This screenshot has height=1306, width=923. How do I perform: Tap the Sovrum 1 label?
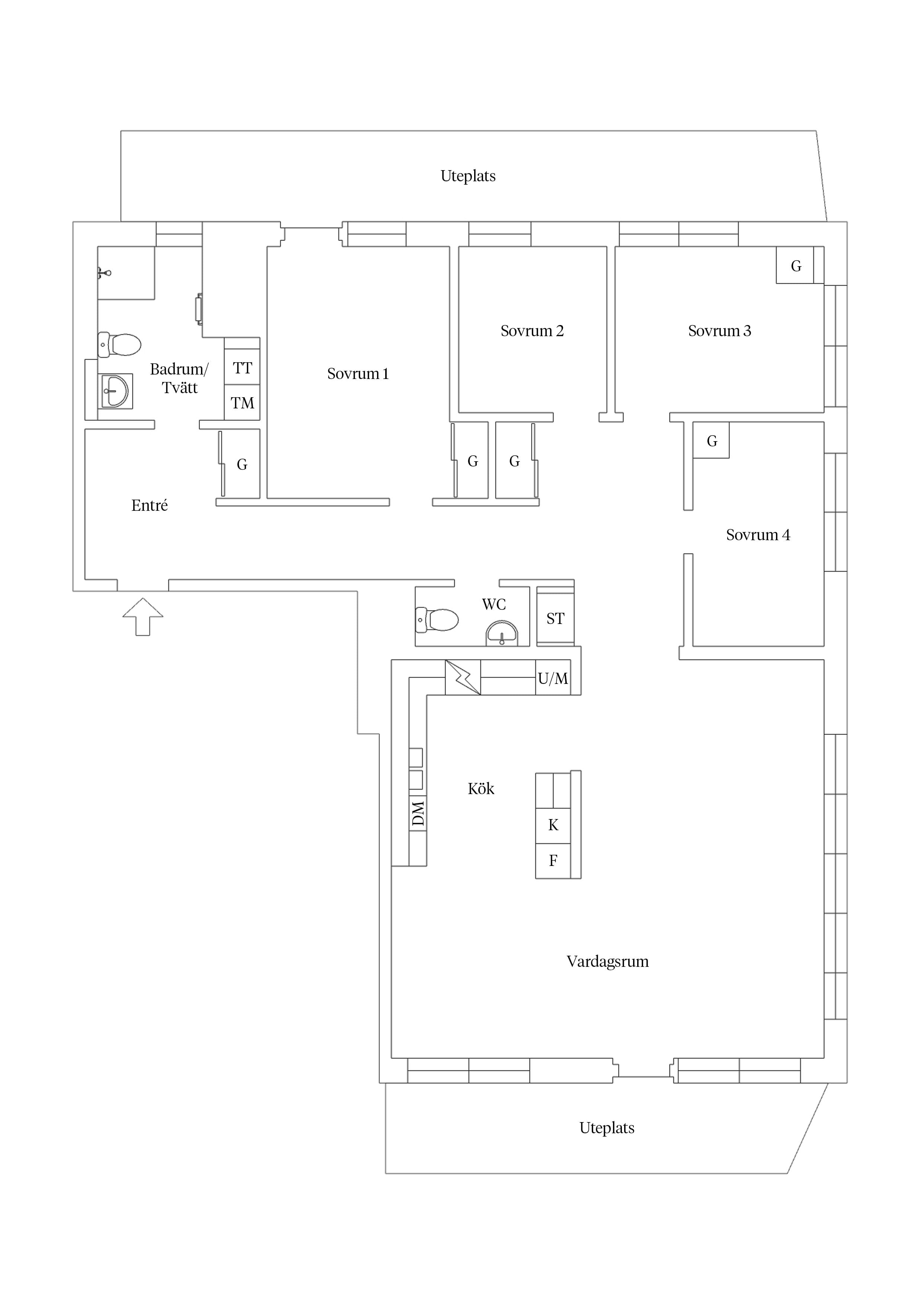358,374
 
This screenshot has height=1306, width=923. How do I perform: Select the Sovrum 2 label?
532,331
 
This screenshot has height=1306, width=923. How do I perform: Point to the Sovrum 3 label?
719,331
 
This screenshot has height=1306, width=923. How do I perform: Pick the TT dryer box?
242,367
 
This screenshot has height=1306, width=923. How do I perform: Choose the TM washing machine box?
242,403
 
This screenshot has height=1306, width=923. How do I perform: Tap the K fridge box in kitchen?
553,825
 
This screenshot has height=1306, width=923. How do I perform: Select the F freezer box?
553,861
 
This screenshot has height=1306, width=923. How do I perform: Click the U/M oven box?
553,678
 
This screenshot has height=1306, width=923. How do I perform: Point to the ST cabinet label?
556,618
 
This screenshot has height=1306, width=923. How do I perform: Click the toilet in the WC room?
437,619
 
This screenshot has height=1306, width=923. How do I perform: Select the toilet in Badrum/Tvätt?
119,344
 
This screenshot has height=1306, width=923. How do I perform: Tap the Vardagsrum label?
607,961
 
